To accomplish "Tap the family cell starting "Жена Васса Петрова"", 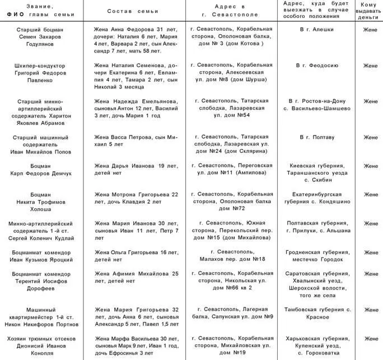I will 136,140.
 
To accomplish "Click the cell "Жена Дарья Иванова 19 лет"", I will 136,169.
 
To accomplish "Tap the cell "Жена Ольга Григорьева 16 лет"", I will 136,255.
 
